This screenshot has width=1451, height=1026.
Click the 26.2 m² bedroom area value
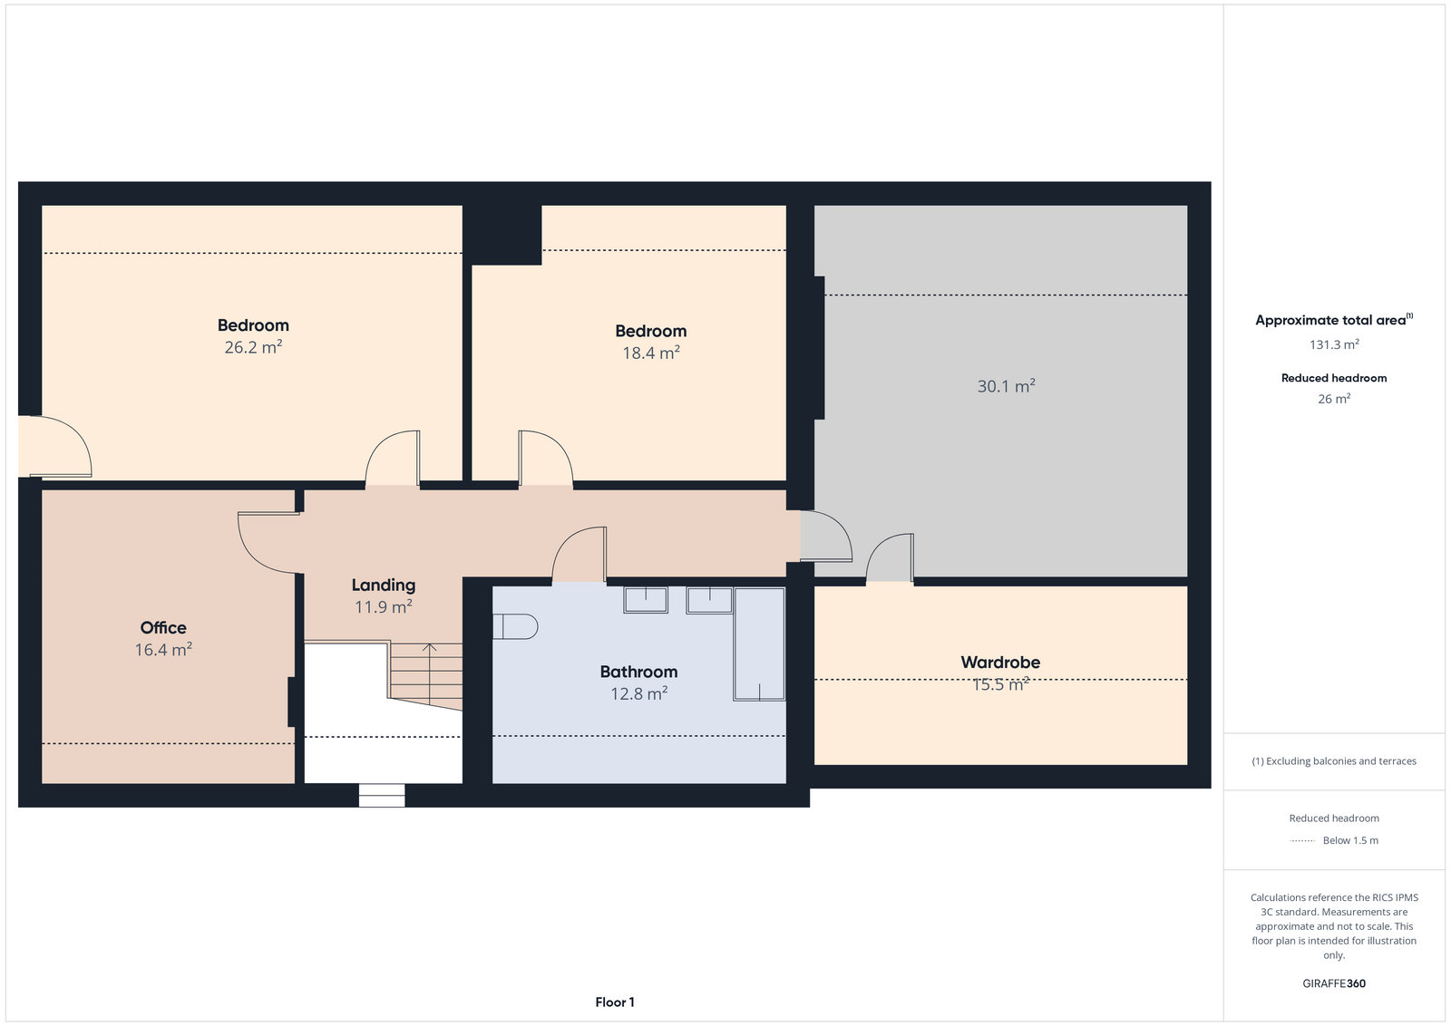pyautogui.click(x=253, y=348)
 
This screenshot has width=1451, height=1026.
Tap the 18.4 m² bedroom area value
pyautogui.click(x=651, y=353)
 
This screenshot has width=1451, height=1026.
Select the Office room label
pyautogui.click(x=163, y=628)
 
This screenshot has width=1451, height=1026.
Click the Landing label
pyautogui.click(x=384, y=586)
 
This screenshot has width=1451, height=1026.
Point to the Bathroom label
pyautogui.click(x=638, y=672)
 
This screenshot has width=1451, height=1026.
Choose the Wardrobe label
pyautogui.click(x=1001, y=663)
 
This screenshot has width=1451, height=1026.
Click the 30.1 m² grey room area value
pyautogui.click(x=1006, y=386)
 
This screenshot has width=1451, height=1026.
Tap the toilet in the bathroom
pyautogui.click(x=515, y=626)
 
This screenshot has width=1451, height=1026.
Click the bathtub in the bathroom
pyautogui.click(x=759, y=644)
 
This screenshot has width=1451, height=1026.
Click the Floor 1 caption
pyautogui.click(x=615, y=1002)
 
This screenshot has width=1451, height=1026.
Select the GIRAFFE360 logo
pyautogui.click(x=1334, y=984)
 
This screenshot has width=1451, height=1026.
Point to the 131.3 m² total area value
pyautogui.click(x=1334, y=344)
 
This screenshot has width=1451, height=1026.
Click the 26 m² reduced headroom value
pyautogui.click(x=1334, y=399)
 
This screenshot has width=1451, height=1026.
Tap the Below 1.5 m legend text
pyautogui.click(x=1350, y=841)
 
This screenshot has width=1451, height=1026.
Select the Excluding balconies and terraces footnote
pyautogui.click(x=1334, y=761)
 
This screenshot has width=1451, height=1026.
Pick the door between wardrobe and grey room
pyautogui.click(x=890, y=557)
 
